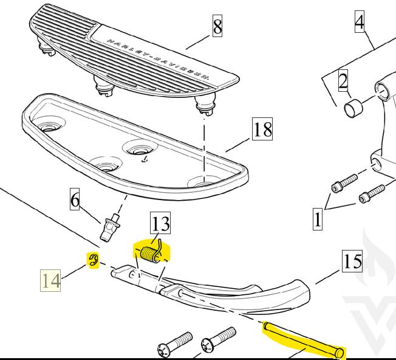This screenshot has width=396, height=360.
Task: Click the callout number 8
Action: coord(217,27)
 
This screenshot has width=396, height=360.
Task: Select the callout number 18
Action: coord(262,130)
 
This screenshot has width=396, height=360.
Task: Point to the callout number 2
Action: coord(343,81)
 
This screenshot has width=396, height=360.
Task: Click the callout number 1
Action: coord(317,218)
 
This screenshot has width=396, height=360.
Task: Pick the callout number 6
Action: coord(75,200)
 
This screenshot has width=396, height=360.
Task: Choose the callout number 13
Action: coord(161,224)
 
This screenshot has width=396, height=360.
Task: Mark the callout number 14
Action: coord(51,281)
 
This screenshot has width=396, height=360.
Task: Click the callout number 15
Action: coord(352,262)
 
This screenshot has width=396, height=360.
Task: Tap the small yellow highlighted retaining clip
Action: coord(93,261)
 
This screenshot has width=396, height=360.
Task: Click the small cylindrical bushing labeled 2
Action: coord(353,109)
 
